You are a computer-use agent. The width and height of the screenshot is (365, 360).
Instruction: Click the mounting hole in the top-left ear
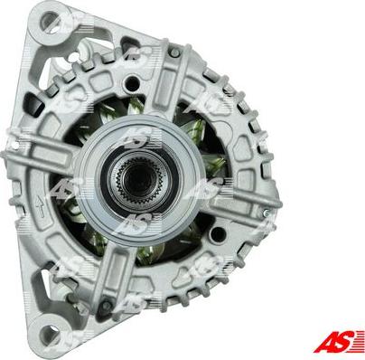coord(50,21)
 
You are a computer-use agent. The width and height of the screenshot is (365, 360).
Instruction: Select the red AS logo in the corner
coord(338,342)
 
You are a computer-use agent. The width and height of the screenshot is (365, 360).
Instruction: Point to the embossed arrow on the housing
coord(40,206)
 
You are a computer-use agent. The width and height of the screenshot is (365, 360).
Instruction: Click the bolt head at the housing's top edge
coord(174,53)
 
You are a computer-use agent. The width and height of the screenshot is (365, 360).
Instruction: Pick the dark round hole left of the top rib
coord(132,83)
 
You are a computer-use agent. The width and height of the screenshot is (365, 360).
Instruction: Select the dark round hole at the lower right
coord(217,234)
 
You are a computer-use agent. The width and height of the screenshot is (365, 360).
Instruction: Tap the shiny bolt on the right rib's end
coord(266,213)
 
